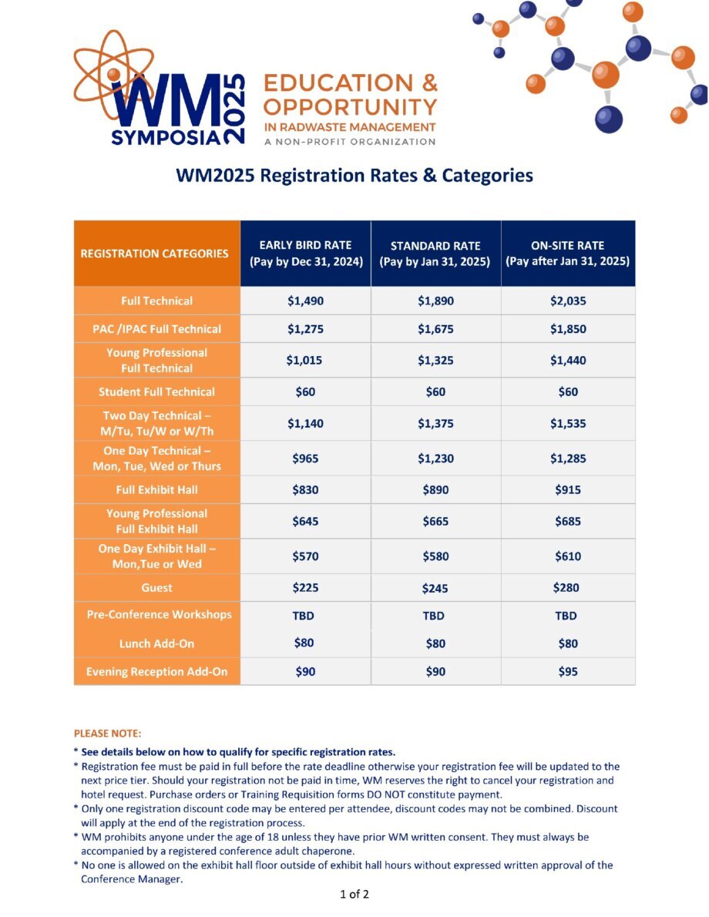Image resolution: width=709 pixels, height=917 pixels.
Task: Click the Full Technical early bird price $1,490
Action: click(x=305, y=301)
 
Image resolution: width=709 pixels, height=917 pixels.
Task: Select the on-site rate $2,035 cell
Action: click(x=568, y=301)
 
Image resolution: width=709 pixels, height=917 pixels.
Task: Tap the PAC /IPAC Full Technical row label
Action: click(x=156, y=329)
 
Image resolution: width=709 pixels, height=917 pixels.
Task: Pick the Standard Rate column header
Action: click(x=435, y=254)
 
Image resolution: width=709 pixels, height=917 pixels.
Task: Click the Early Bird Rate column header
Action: click(x=306, y=254)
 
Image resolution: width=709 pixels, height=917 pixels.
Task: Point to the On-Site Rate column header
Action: click(x=567, y=254)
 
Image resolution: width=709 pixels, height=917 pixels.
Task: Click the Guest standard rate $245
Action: click(x=435, y=588)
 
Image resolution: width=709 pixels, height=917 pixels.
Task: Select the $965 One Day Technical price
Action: click(x=305, y=458)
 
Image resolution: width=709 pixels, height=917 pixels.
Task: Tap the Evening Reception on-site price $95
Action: click(x=568, y=671)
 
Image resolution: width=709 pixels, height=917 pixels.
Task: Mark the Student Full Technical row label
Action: click(x=156, y=391)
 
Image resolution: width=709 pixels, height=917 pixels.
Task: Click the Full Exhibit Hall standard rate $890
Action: click(x=436, y=489)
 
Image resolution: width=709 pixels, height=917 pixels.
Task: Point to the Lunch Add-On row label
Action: click(x=156, y=643)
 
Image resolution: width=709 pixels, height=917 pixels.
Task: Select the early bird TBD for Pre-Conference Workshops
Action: click(x=303, y=616)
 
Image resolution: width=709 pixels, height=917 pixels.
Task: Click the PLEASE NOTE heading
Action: click(x=108, y=734)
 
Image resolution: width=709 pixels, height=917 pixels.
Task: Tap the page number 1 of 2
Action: click(x=354, y=894)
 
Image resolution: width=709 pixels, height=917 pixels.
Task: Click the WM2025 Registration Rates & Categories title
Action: click(x=354, y=176)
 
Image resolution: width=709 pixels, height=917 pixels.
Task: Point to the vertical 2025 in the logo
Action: click(x=234, y=109)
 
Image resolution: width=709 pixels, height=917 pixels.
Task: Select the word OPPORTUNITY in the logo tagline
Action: click(x=350, y=107)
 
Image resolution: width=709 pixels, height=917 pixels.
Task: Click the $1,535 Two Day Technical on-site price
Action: click(x=568, y=423)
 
